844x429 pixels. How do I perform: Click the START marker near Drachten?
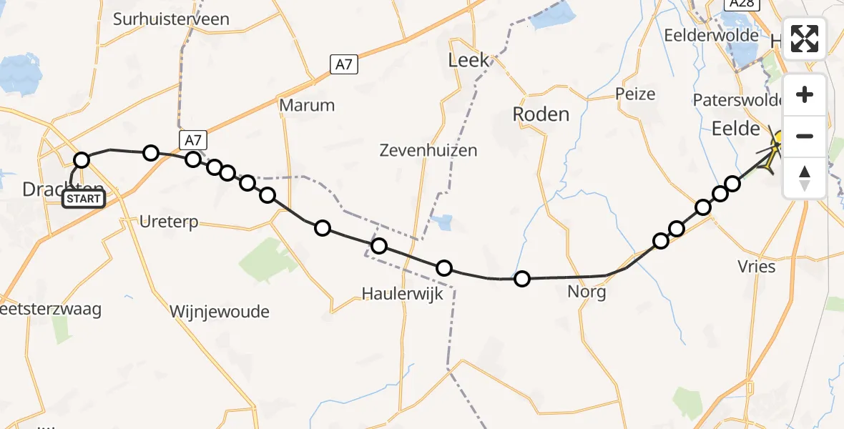84,199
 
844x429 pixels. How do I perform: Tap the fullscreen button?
805,39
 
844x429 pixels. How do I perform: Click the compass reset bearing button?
805,177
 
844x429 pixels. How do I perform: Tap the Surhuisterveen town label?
172,19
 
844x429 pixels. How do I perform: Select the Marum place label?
307,105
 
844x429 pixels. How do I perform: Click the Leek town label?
469,60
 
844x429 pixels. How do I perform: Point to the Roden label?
541,114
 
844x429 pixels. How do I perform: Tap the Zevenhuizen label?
428,151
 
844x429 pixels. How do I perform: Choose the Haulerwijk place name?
403,293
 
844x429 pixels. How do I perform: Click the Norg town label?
586,292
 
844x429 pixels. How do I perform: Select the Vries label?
756,266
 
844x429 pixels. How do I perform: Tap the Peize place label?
635,94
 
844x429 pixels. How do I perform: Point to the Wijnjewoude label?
220,311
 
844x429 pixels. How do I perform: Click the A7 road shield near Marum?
344,65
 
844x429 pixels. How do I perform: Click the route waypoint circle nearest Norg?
522,279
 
